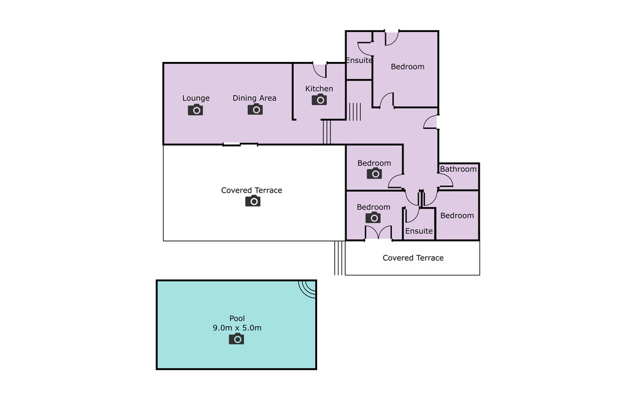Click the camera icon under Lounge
click(x=196, y=110)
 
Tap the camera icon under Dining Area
click(x=255, y=109)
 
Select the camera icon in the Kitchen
click(x=319, y=99)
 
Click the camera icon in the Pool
click(x=236, y=339)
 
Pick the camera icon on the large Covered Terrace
click(x=253, y=201)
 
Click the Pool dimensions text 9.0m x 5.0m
click(x=237, y=328)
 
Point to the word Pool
click(x=237, y=318)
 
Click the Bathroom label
click(x=458, y=169)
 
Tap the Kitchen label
click(x=319, y=88)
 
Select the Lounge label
click(x=196, y=98)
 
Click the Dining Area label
click(x=255, y=98)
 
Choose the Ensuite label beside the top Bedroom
click(x=359, y=61)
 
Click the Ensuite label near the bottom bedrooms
click(x=419, y=231)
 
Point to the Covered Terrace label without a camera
click(x=413, y=258)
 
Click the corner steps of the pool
click(x=308, y=288)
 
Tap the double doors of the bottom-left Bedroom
click(x=378, y=233)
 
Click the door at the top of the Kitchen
click(x=320, y=70)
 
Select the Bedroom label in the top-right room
click(x=408, y=67)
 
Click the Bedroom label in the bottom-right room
click(x=457, y=215)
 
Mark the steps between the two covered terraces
click(x=339, y=258)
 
